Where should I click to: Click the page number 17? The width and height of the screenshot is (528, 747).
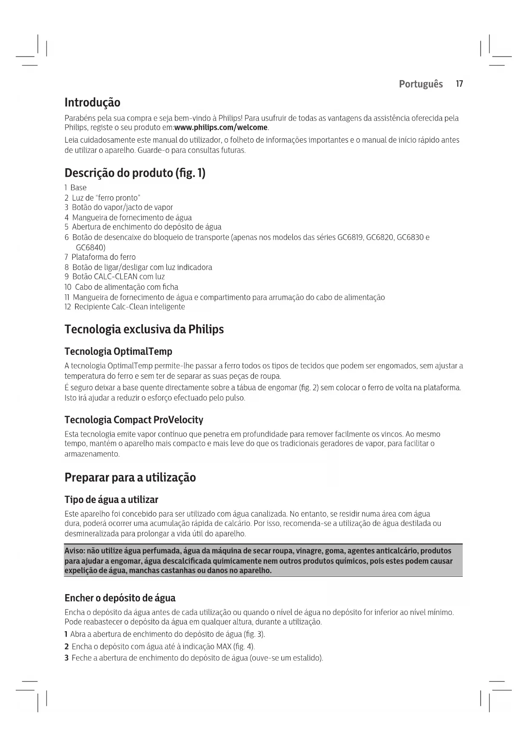459,84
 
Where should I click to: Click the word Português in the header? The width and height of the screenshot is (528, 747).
420,84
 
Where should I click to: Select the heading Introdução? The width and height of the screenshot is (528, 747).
92,103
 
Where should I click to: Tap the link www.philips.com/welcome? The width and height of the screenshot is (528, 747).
221,128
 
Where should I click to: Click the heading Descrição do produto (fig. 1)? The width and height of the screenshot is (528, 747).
135,173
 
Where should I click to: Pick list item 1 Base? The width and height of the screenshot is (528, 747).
76,188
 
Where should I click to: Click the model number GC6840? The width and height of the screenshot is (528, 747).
90,247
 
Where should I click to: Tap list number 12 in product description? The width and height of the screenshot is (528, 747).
68,307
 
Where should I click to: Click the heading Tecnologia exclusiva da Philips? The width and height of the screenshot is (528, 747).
144,330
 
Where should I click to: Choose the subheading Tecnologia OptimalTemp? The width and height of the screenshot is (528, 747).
118,352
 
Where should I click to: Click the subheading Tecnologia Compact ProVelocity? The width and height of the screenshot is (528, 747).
134,420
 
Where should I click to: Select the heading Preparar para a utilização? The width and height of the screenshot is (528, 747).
130,478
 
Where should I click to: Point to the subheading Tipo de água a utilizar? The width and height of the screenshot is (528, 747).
111,500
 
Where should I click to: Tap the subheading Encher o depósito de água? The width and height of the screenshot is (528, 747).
120,598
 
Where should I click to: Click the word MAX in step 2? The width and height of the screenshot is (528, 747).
223,647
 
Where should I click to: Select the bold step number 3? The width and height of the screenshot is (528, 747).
66,658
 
